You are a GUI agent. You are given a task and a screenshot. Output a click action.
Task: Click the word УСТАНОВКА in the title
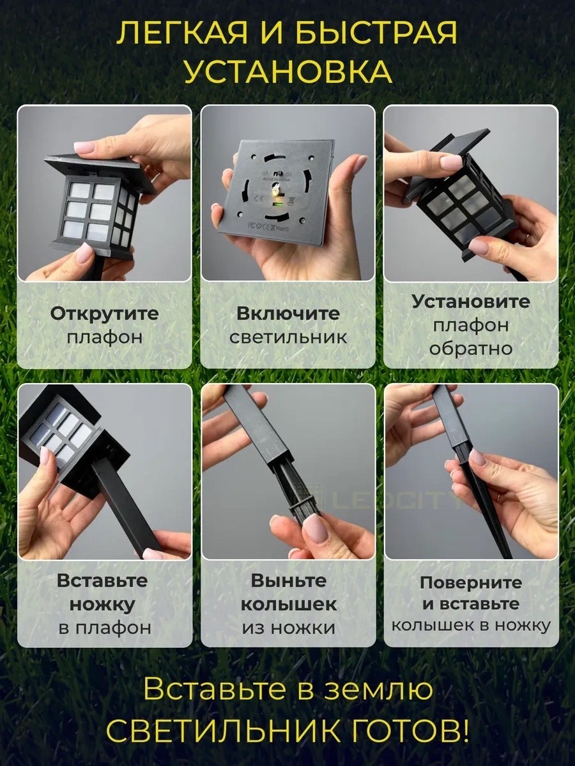coord(288,72)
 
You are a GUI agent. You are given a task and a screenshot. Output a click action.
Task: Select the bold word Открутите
coord(104,314)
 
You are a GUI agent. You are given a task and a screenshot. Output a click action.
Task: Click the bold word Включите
coord(288,313)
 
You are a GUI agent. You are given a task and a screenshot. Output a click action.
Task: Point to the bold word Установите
coord(471,301)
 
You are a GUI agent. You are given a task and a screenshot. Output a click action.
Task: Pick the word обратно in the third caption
coord(471,349)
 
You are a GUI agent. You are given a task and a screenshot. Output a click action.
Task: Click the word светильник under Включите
coord(288,338)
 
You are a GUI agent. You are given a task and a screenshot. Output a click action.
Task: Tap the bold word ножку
coord(102,605)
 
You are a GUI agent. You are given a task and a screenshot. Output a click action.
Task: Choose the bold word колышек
coord(289,605)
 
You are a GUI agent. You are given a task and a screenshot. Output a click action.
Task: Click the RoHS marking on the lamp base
coord(282,229)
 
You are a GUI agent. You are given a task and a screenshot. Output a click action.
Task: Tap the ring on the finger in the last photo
coord(500,497)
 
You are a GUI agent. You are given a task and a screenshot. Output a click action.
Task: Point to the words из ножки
coord(289,628)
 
